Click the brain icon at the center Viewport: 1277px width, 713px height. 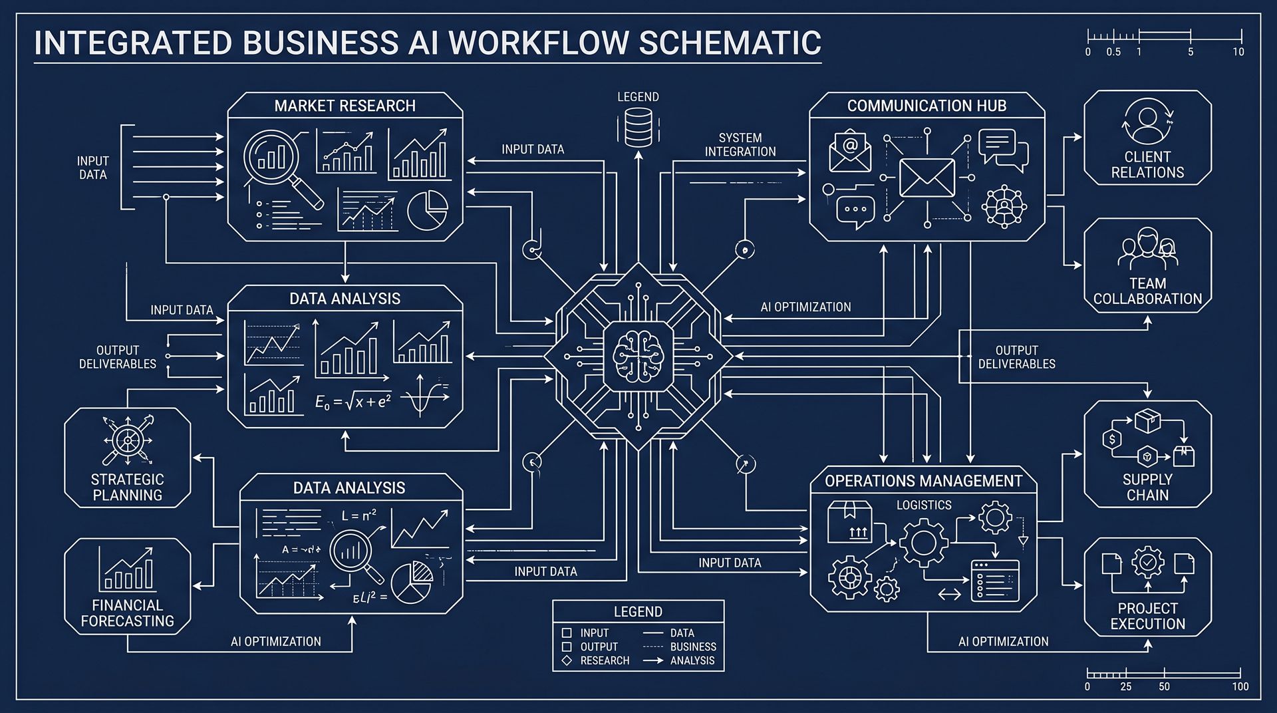[638, 356]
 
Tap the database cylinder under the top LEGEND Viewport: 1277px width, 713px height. [638, 128]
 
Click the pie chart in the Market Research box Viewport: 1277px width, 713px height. [427, 211]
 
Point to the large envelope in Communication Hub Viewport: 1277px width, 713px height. [926, 178]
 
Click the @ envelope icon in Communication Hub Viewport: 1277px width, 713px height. [849, 151]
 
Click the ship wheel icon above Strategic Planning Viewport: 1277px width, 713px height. [127, 440]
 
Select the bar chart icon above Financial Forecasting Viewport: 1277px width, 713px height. [128, 570]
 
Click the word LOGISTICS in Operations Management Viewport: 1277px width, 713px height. [924, 505]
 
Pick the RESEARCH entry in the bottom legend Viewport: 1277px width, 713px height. [604, 660]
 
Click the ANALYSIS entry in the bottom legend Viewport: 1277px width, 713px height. [692, 660]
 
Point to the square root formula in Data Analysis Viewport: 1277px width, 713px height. [353, 401]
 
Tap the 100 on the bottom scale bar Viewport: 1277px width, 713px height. [1240, 686]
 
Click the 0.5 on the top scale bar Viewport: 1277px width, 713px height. [1113, 52]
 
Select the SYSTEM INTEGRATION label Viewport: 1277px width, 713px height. [740, 145]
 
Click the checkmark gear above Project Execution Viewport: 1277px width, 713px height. [1147, 562]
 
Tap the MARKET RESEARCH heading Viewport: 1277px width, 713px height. [345, 106]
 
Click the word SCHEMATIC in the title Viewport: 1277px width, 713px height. [730, 43]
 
